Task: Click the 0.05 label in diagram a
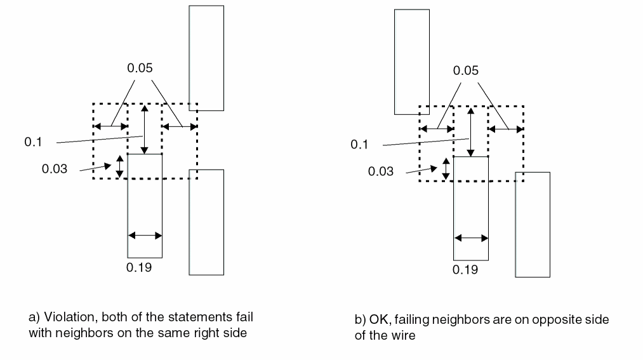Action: coord(140,68)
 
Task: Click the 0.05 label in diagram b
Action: coord(465,70)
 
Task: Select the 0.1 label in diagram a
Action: coord(33,142)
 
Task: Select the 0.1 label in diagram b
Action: coord(359,145)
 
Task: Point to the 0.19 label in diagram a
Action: coord(139,267)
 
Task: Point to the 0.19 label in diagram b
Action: coord(465,270)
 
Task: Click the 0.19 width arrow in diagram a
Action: coord(145,235)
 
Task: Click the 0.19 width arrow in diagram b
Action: coord(471,238)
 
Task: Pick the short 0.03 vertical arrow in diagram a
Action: coord(118,166)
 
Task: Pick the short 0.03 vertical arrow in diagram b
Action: coord(446,168)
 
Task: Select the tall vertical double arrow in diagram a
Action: coord(145,130)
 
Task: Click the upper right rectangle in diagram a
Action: coord(206,58)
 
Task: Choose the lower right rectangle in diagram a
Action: coord(206,222)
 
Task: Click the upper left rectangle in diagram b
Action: coord(411,62)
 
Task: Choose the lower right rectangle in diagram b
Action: coord(533,224)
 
